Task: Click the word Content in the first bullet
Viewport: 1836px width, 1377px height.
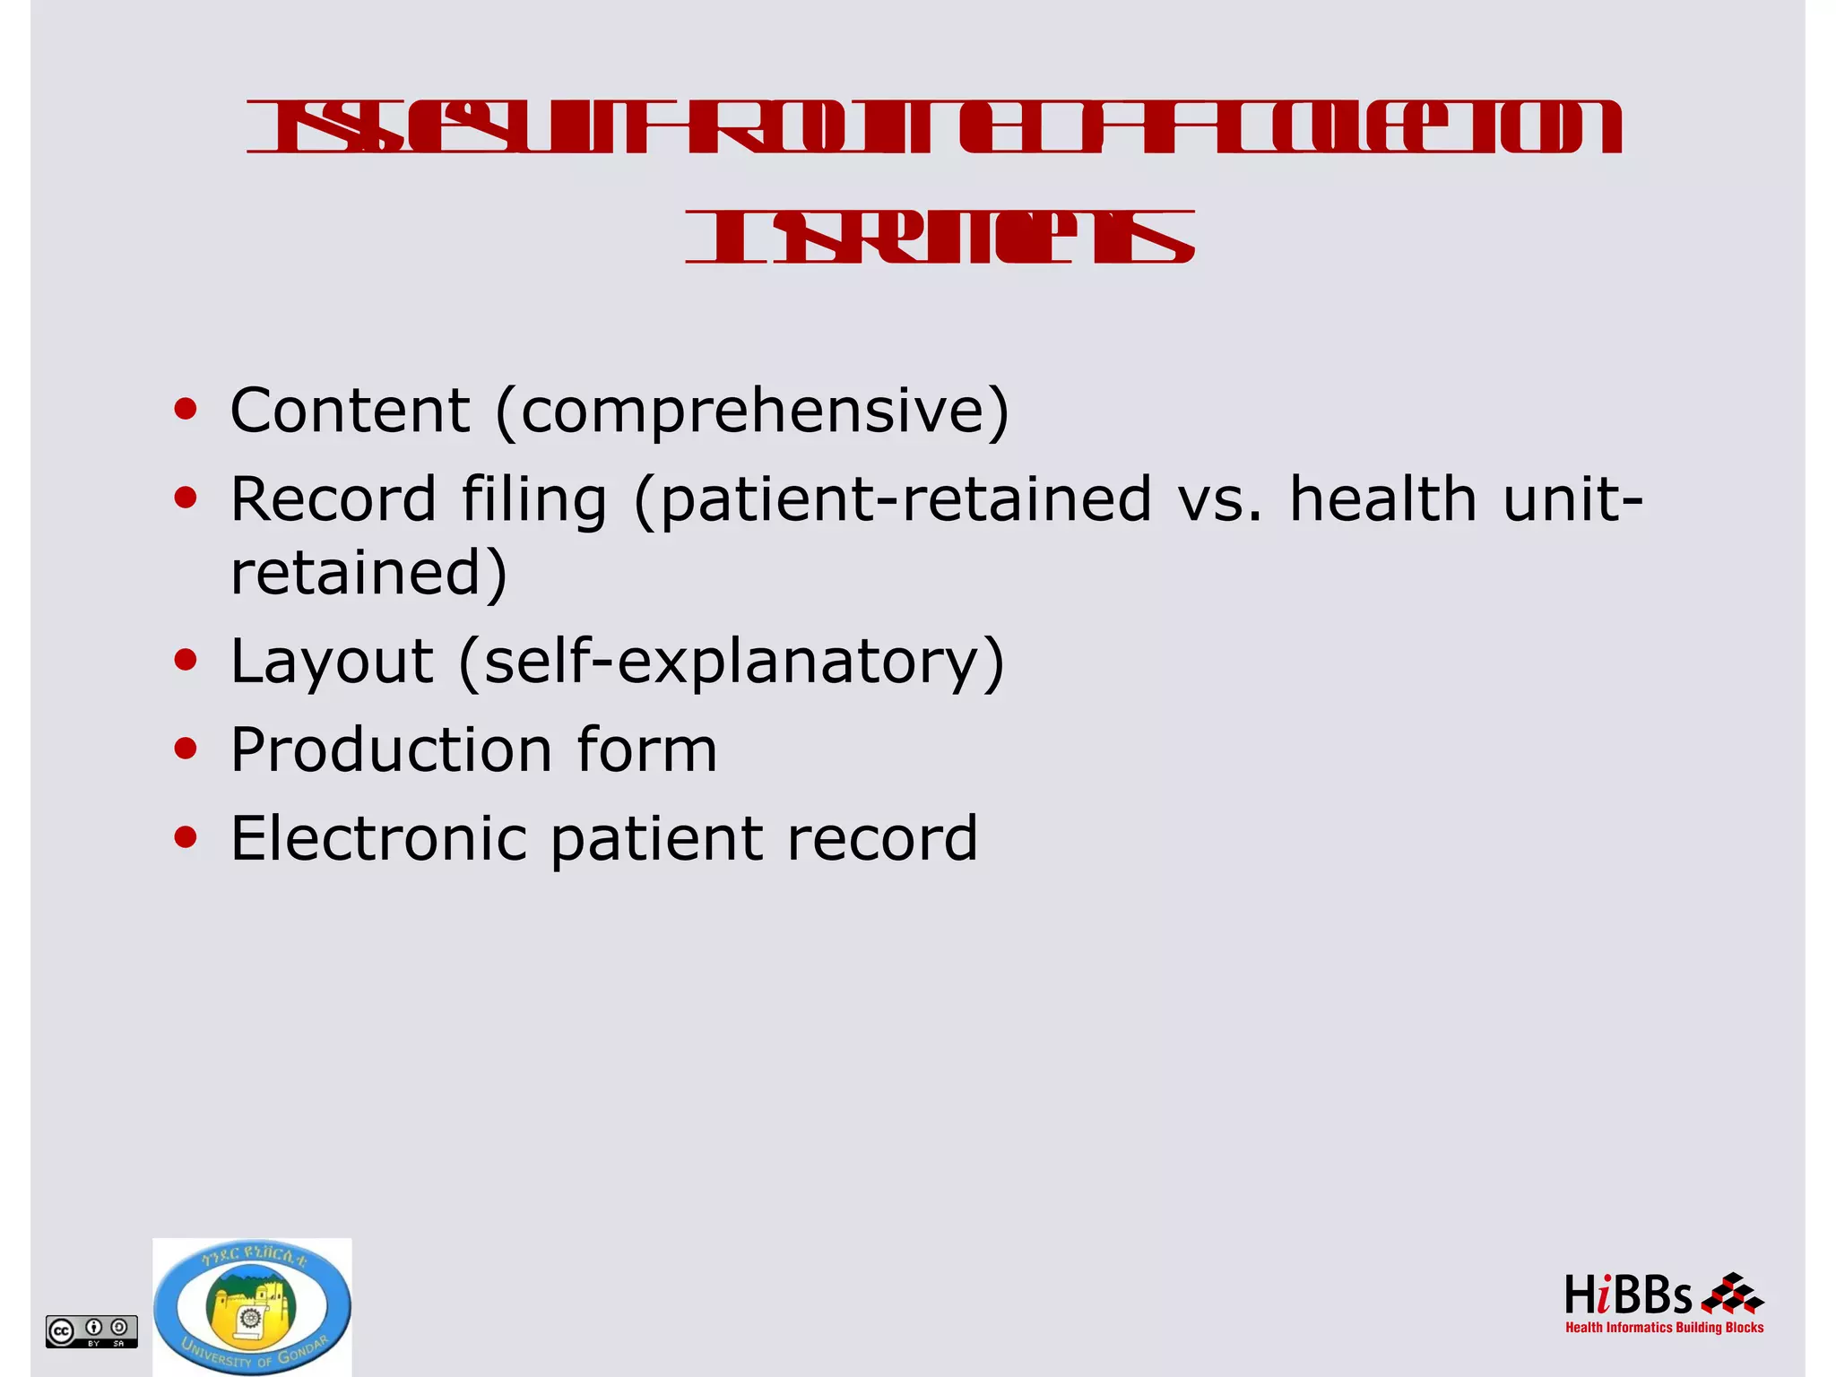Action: [x=350, y=411]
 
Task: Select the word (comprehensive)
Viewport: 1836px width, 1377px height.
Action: [x=752, y=411]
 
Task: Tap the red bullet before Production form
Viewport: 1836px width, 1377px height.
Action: [x=186, y=749]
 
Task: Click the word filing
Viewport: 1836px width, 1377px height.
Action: [x=534, y=499]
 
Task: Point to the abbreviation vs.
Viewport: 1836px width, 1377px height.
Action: [x=1220, y=499]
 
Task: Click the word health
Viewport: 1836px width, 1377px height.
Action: [x=1382, y=499]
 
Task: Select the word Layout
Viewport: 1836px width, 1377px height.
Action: [x=332, y=662]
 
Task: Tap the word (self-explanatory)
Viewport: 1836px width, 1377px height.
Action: [x=732, y=662]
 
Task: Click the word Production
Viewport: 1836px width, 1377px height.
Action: [x=391, y=749]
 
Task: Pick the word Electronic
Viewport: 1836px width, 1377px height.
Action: [x=378, y=838]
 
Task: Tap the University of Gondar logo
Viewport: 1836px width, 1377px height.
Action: [x=252, y=1307]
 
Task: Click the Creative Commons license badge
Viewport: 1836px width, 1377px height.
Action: [x=91, y=1330]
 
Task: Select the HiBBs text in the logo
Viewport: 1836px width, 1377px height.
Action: [x=1627, y=1296]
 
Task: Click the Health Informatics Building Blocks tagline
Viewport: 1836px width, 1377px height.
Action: [x=1664, y=1328]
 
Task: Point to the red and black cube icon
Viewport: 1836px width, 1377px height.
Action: [x=1732, y=1293]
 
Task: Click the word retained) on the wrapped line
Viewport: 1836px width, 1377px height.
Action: [x=368, y=574]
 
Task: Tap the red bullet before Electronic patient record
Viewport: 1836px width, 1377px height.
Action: [x=186, y=837]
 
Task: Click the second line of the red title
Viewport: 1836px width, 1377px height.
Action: [x=940, y=238]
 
